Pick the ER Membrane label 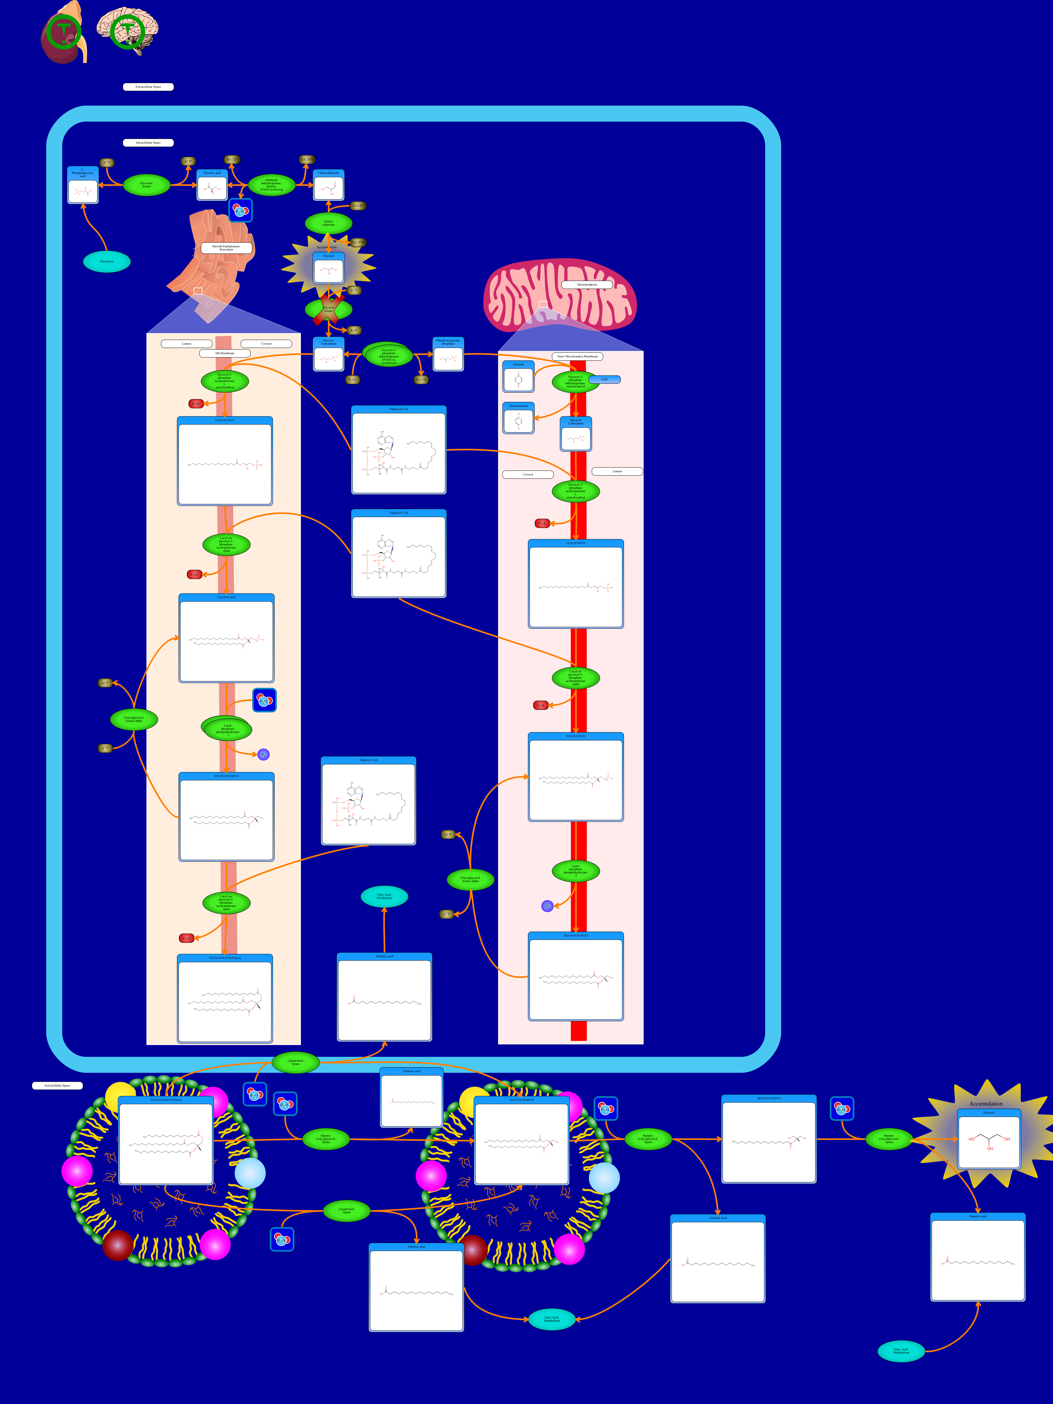225,353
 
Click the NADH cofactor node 421,380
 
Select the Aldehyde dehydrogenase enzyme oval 272,185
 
